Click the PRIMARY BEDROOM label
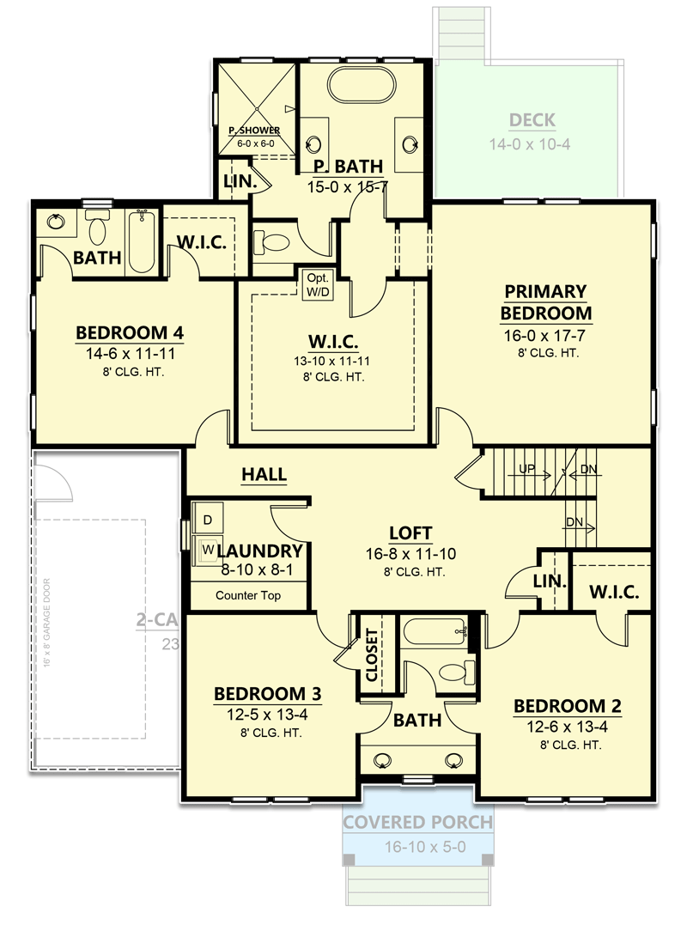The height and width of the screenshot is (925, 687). [546, 302]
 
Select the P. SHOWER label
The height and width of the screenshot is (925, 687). [253, 131]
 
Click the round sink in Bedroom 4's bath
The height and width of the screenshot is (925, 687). [56, 222]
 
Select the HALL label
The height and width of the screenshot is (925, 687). [264, 475]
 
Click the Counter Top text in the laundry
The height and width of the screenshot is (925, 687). [247, 595]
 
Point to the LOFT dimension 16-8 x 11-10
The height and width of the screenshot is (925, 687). [410, 555]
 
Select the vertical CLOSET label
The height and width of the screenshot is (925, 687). [372, 654]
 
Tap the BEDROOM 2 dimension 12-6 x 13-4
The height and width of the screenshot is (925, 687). [567, 727]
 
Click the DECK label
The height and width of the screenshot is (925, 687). [532, 120]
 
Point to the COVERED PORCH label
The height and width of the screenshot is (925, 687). [417, 822]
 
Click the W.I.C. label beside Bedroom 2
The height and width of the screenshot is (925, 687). [611, 592]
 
